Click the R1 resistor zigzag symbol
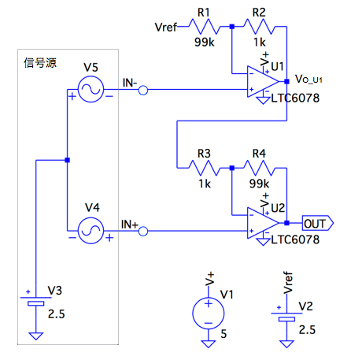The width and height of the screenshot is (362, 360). tap(205, 26)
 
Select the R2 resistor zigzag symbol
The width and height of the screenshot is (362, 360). tap(260, 26)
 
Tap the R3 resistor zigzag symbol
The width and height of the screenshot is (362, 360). tap(205, 168)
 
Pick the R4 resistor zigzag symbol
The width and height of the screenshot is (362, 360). tap(260, 168)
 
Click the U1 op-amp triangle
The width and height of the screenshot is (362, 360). tap(263, 81)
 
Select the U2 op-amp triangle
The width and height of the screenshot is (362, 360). tap(263, 223)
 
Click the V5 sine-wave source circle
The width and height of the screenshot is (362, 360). tap(90, 89)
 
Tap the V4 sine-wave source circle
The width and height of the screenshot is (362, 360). tap(90, 231)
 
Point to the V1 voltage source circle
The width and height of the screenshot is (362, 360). tap(209, 314)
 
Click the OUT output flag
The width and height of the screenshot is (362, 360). tap(318, 224)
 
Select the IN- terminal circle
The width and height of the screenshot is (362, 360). tap(143, 91)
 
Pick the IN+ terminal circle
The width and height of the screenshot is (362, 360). tap(143, 232)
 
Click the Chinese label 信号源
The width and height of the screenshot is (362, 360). tap(40, 63)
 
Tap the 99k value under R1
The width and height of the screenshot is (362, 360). tap(205, 42)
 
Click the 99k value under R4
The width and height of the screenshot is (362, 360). tap(259, 184)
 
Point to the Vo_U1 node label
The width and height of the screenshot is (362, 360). tap(308, 79)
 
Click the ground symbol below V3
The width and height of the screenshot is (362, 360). tap(35, 336)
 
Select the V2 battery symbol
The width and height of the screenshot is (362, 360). tap(286, 317)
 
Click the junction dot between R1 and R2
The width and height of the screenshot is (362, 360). tap(232, 26)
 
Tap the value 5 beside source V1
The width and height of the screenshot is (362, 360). tap(223, 334)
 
